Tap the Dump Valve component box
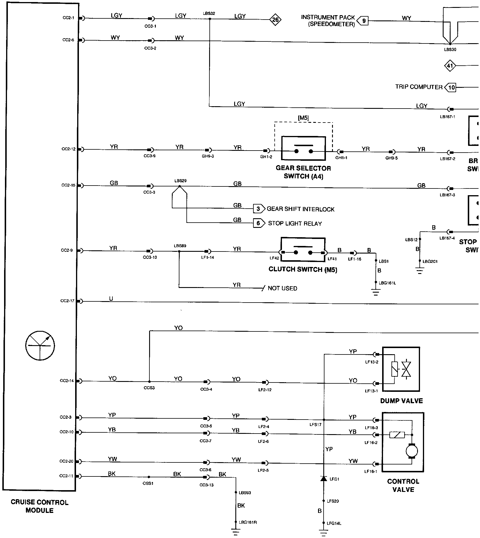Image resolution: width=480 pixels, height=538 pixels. point(401,369)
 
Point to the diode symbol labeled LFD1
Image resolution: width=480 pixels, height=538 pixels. point(323,478)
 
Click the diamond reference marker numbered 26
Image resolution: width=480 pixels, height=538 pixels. point(275,20)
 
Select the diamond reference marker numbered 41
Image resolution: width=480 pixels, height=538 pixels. point(450,66)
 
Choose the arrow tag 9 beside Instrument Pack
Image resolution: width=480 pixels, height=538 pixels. point(363,21)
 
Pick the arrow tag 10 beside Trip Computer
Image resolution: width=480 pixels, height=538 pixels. point(451,87)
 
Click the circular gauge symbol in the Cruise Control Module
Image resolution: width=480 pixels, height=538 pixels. point(40,346)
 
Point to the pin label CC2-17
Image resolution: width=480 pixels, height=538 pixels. point(67,301)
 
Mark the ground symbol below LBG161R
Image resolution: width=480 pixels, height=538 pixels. point(236,532)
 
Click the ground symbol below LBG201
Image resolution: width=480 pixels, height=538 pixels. point(420,272)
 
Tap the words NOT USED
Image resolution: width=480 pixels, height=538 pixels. point(282,288)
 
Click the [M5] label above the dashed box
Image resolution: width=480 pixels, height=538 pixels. point(303,118)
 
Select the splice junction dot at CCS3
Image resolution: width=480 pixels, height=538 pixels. point(149,381)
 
